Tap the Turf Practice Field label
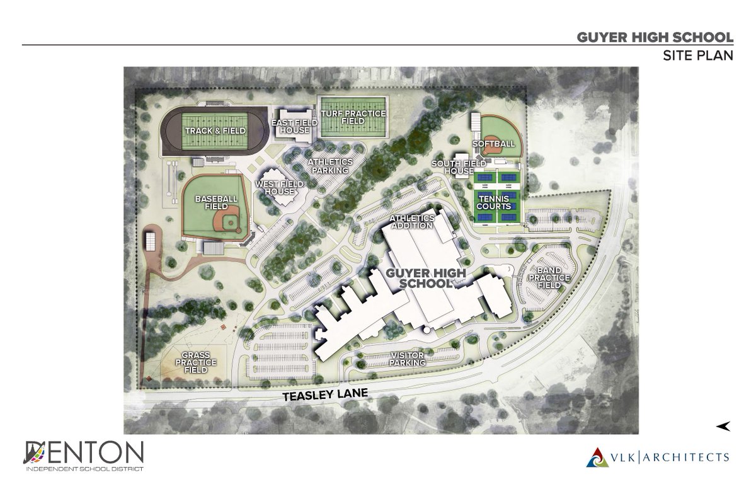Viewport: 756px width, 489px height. (x=353, y=118)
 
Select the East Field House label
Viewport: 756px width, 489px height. (x=290, y=126)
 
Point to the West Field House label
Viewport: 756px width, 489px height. (x=279, y=187)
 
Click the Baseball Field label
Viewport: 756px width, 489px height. (x=216, y=203)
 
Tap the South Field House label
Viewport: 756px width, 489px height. (x=452, y=167)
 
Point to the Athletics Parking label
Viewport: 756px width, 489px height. (x=329, y=166)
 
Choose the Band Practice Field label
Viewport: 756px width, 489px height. (x=549, y=278)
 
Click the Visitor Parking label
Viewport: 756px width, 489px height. (x=408, y=359)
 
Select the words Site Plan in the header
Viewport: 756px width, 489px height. (x=697, y=55)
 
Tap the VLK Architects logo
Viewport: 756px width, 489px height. (x=658, y=456)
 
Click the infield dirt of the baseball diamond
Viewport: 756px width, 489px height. (x=226, y=222)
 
